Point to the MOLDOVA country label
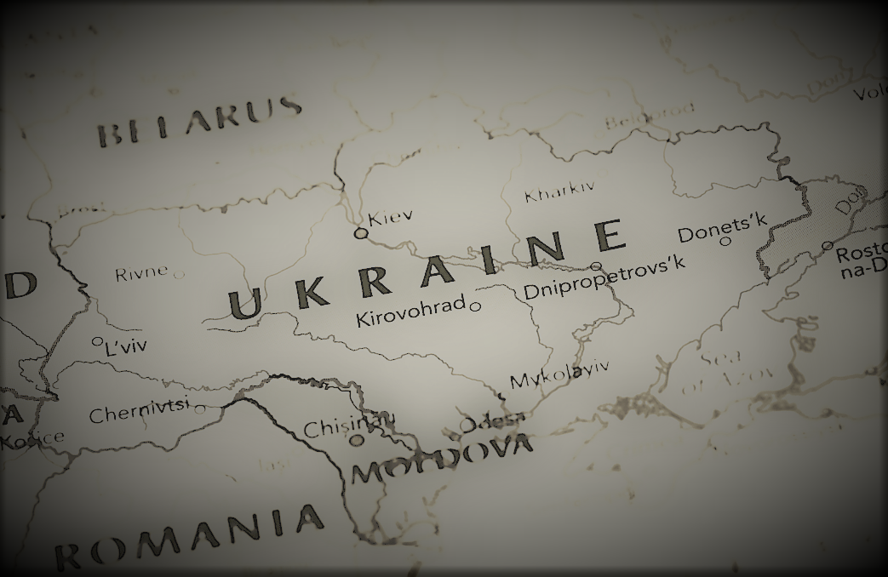point(443,460)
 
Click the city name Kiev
point(390,216)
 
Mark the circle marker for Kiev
point(361,233)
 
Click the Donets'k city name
point(722,224)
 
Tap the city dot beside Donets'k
point(725,242)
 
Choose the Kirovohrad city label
point(410,312)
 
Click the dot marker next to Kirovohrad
point(475,306)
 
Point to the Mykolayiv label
point(559,374)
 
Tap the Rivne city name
point(141,274)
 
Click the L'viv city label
point(125,346)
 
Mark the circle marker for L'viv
point(97,341)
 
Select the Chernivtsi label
point(139,412)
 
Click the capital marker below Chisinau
point(358,440)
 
